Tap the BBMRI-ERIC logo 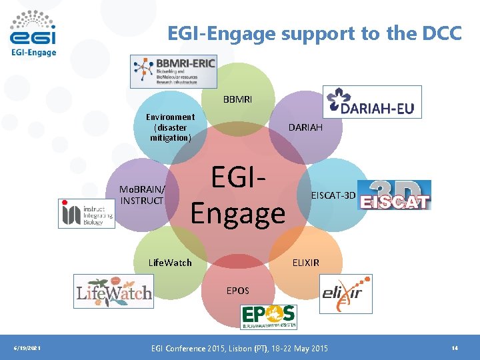pos(174,71)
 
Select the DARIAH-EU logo pos(372,102)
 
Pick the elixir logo pos(345,293)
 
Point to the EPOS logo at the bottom pos(269,316)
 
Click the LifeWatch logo pos(113,291)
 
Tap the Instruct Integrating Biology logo pos(86,213)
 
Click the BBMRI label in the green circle pos(238,101)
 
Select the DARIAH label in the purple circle pos(305,127)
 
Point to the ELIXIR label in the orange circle pos(306,263)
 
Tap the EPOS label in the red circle pos(238,291)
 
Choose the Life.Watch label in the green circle pos(170,263)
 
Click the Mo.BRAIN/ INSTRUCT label pos(141,195)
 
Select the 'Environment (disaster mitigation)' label pos(171,127)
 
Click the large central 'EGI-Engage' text pos(238,195)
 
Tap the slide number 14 pos(455,348)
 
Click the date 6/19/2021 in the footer pos(27,348)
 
